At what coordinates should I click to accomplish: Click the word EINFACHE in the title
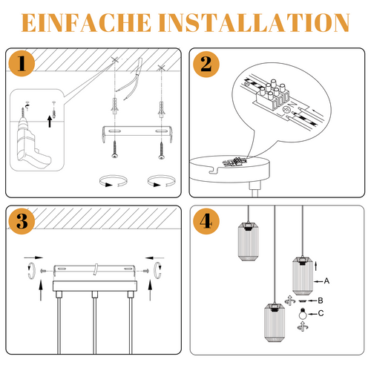click(x=86, y=23)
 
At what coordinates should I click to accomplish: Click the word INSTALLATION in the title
click(x=254, y=23)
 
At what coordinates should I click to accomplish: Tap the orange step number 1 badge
click(x=22, y=63)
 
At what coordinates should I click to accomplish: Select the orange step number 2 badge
click(x=206, y=65)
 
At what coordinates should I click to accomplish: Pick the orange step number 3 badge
click(x=22, y=221)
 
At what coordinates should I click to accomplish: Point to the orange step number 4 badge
click(x=206, y=221)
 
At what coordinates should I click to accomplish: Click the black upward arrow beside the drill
click(x=50, y=122)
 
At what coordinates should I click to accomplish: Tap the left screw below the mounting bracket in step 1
click(x=114, y=149)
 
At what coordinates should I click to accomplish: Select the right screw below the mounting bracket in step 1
click(x=162, y=151)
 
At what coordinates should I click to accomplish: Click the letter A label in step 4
click(x=326, y=281)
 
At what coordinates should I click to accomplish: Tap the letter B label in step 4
click(x=321, y=301)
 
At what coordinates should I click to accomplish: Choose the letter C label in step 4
click(x=321, y=313)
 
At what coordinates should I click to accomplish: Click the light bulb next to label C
click(x=303, y=314)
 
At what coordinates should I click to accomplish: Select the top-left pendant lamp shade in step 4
click(x=248, y=241)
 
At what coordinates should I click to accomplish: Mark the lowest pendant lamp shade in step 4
click(x=275, y=322)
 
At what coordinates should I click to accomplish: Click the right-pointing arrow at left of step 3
click(x=33, y=257)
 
